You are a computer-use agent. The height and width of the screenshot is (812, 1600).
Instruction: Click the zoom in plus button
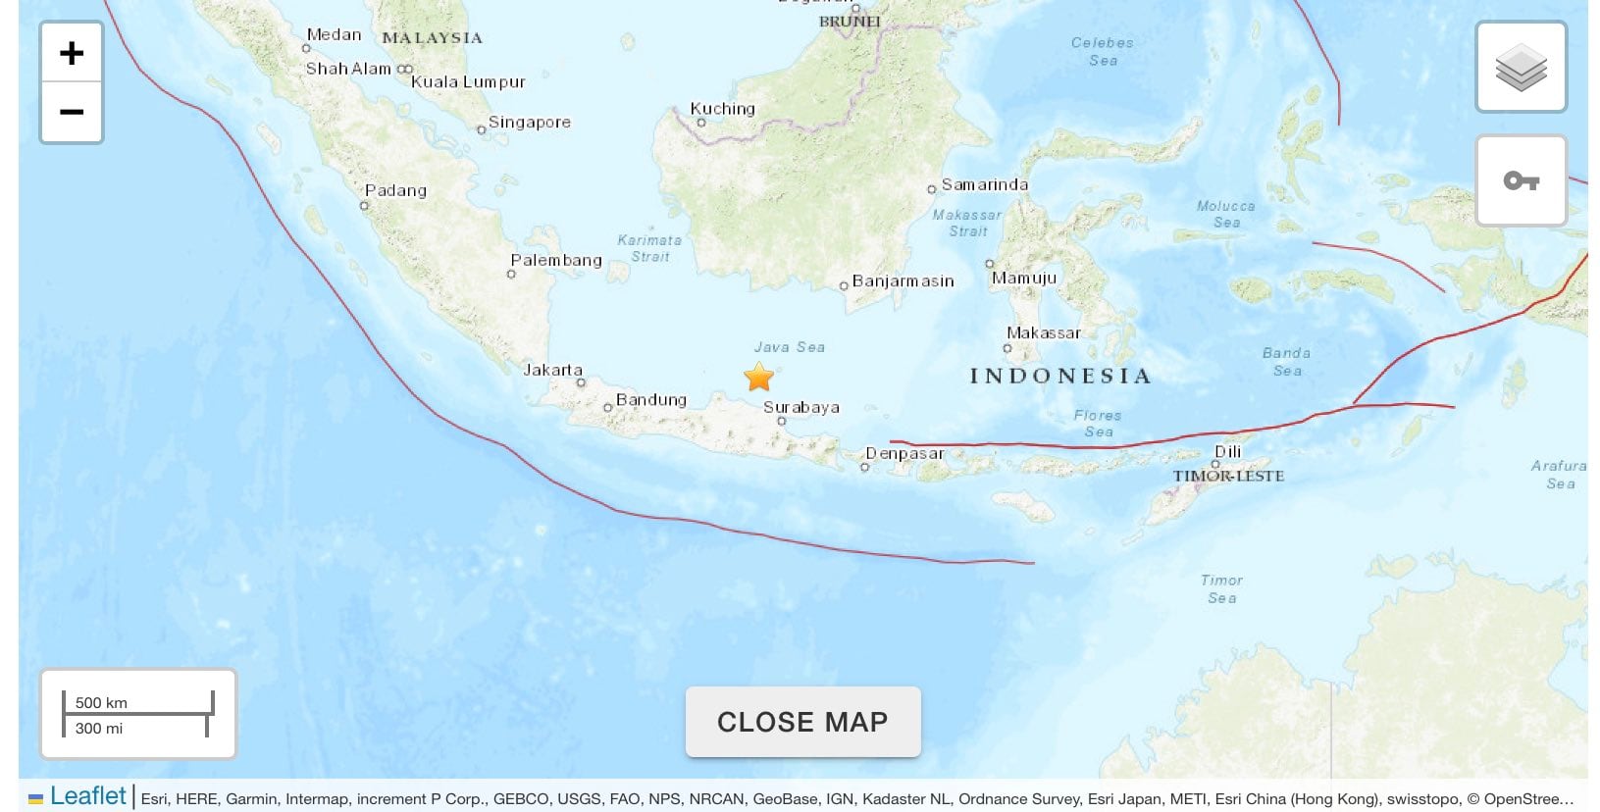(x=72, y=53)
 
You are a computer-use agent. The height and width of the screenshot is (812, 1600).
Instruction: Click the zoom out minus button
(x=72, y=112)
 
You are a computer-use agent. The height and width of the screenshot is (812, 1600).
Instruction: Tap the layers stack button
(x=1521, y=68)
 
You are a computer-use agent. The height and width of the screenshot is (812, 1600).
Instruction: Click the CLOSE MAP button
(x=802, y=722)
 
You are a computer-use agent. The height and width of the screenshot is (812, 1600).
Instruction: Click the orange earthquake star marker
(x=758, y=377)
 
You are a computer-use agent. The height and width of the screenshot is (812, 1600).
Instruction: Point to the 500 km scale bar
(x=137, y=703)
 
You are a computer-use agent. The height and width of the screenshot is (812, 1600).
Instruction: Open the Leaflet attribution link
(x=87, y=796)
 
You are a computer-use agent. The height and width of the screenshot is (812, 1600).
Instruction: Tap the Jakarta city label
(x=552, y=370)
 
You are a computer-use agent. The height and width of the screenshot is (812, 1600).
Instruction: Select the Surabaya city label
(x=800, y=407)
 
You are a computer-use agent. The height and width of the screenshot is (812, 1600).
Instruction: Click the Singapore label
(x=529, y=122)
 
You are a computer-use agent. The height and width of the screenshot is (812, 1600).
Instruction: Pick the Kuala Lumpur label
(x=468, y=81)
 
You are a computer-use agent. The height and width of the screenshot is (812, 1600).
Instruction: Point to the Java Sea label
(x=789, y=347)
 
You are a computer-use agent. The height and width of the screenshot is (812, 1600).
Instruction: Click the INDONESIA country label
(x=1059, y=376)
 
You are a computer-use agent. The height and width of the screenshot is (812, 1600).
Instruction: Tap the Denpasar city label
(x=903, y=453)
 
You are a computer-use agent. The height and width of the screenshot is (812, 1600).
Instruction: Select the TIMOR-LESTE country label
(x=1228, y=476)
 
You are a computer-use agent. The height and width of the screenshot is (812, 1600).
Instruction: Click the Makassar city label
(x=1043, y=332)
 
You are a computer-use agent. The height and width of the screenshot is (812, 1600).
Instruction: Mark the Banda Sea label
(x=1286, y=361)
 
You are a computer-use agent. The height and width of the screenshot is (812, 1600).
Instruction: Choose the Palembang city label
(x=555, y=260)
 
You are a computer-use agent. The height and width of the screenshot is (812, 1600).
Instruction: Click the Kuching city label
(x=722, y=109)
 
